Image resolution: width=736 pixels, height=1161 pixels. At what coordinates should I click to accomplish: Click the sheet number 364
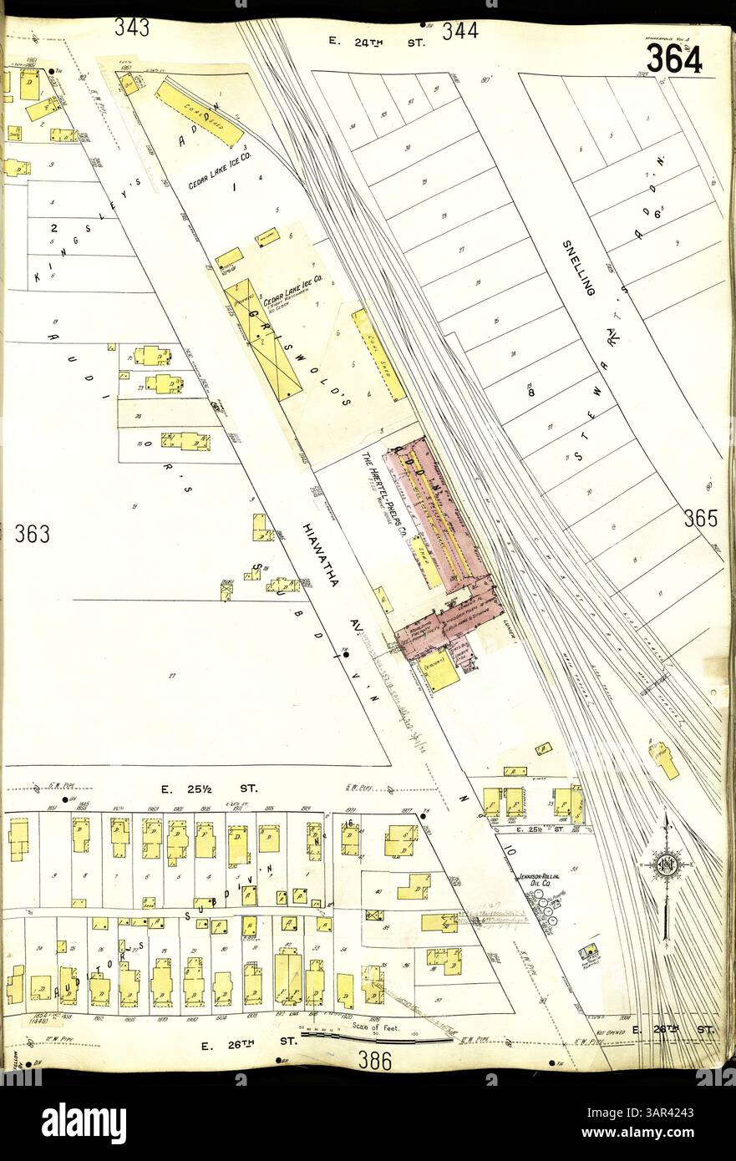pos(673,58)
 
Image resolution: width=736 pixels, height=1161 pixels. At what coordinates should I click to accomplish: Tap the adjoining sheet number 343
pos(132,28)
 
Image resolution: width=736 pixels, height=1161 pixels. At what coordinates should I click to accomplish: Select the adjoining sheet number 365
pos(700,519)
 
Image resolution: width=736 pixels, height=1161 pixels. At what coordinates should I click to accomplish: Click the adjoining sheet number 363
pos(32,534)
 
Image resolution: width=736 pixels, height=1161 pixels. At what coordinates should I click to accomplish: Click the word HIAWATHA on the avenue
pos(321,555)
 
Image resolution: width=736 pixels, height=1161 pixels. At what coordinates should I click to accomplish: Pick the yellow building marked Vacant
pos(439,670)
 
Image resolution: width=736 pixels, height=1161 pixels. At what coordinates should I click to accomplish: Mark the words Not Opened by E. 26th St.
pos(605,1018)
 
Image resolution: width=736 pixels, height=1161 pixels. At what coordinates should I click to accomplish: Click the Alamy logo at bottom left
pos(84,1118)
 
